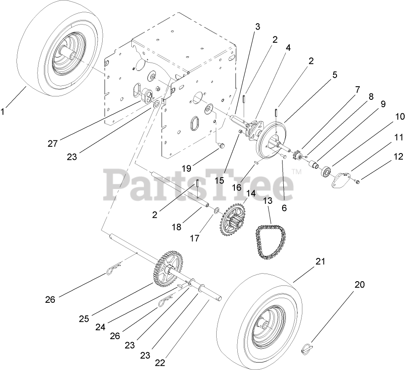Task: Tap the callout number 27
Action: (52, 144)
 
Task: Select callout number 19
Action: (187, 168)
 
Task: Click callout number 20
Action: (359, 285)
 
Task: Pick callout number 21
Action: (321, 261)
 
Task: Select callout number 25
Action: (84, 318)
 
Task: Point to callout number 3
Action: (257, 26)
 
